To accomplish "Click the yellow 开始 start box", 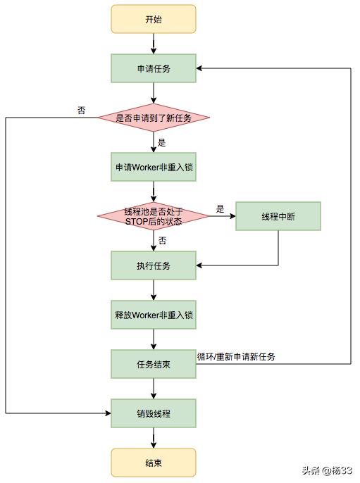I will (x=153, y=19).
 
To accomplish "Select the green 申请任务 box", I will (x=153, y=68).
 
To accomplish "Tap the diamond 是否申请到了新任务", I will (x=153, y=118).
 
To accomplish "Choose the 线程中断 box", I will (x=278, y=216).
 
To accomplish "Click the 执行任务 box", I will (x=153, y=265).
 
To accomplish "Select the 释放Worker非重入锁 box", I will (x=153, y=315).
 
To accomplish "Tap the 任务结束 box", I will (x=153, y=364).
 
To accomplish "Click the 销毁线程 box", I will (x=153, y=413).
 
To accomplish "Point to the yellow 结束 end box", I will (x=153, y=463).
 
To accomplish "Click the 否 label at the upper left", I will (x=81, y=111).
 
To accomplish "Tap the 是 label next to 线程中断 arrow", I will (x=220, y=208).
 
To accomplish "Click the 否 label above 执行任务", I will (x=162, y=240).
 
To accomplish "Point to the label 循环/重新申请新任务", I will (x=236, y=356).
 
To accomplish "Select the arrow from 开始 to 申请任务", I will (x=153, y=44).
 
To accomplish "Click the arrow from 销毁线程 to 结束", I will (x=153, y=438).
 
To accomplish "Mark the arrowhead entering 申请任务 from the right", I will (x=199, y=68).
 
